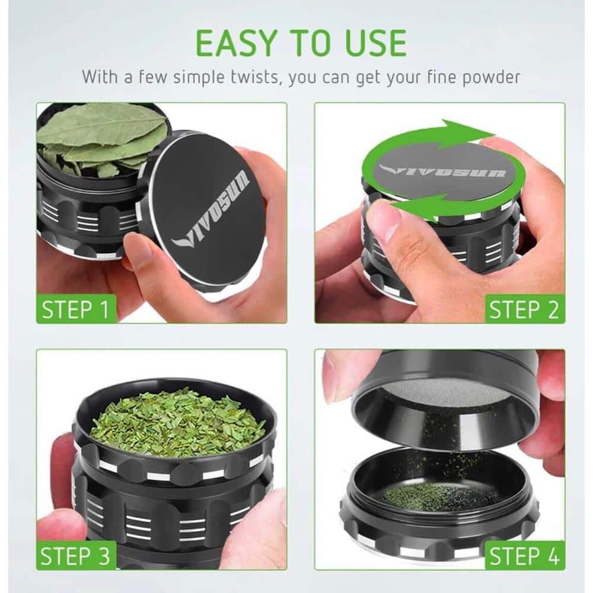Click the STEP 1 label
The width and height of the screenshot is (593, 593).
tap(75, 309)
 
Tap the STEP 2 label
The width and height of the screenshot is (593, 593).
tap(524, 310)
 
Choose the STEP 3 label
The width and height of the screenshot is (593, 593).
tap(75, 556)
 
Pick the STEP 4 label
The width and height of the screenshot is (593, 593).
tap(524, 556)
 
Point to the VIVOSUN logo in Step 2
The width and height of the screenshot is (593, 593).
tap(442, 171)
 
